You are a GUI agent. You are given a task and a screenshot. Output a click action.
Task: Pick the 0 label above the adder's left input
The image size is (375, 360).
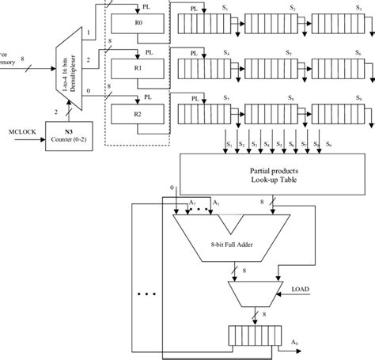(x=173, y=188)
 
